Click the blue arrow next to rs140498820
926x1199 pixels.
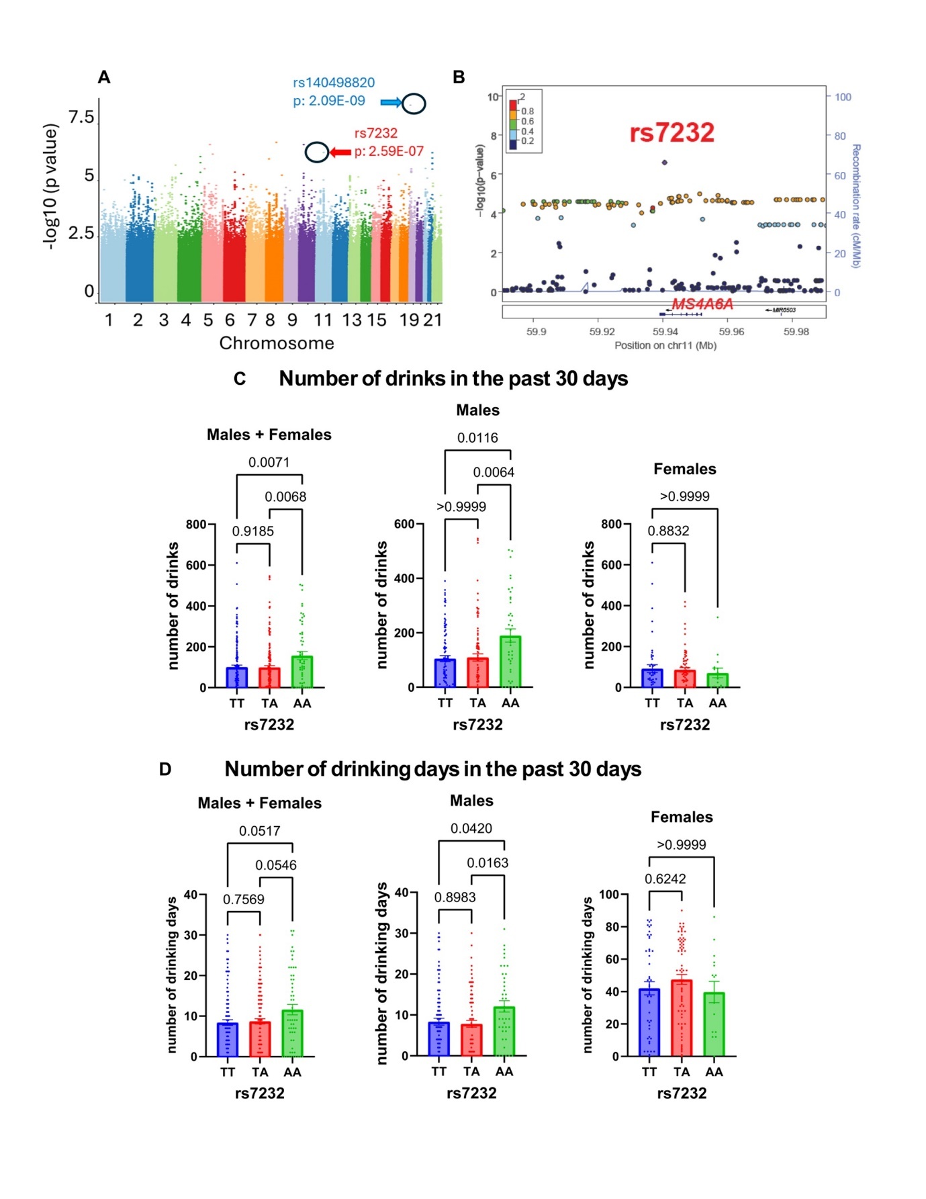(391, 102)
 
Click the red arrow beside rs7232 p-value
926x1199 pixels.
(340, 152)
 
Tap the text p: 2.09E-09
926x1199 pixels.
(329, 101)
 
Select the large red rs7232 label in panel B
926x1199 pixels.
(672, 132)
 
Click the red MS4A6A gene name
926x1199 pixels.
(702, 304)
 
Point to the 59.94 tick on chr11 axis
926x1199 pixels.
(665, 332)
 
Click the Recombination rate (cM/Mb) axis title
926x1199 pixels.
(855, 206)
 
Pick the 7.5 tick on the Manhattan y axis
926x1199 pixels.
(81, 118)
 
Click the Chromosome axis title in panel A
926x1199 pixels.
(277, 343)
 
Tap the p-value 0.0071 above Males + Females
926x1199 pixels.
(269, 462)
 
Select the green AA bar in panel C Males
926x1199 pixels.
(510, 662)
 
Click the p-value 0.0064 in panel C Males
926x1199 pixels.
(494, 472)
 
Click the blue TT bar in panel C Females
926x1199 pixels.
(652, 678)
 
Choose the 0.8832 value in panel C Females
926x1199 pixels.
(668, 531)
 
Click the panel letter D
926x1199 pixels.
(165, 769)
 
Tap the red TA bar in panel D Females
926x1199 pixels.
(682, 1018)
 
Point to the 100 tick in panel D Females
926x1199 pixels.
(608, 895)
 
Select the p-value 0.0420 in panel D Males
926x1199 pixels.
(471, 828)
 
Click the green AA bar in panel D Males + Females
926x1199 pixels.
(292, 1033)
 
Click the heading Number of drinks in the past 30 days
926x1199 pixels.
(453, 379)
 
